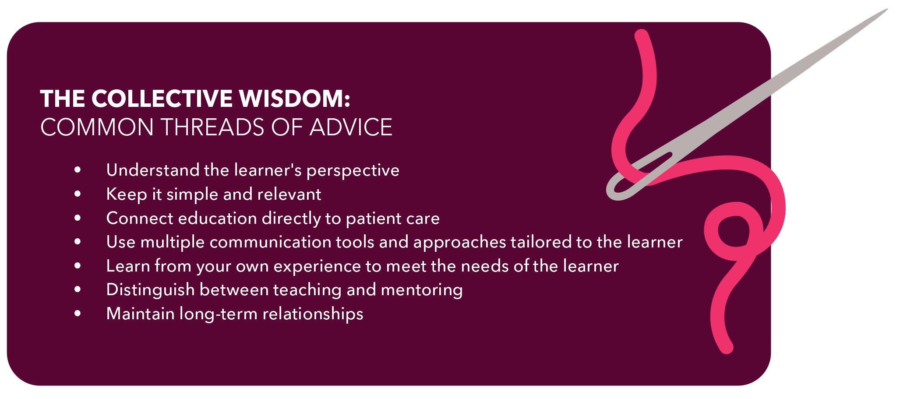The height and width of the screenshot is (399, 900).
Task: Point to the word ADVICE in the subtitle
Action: tap(351, 127)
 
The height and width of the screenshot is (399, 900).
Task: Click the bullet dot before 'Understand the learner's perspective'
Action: tap(78, 170)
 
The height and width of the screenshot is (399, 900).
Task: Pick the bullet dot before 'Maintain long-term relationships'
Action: tap(78, 313)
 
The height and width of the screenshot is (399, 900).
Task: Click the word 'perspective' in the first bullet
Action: tap(353, 171)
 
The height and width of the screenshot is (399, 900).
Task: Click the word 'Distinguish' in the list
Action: tap(150, 290)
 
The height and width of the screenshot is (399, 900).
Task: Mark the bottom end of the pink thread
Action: tap(727, 348)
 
